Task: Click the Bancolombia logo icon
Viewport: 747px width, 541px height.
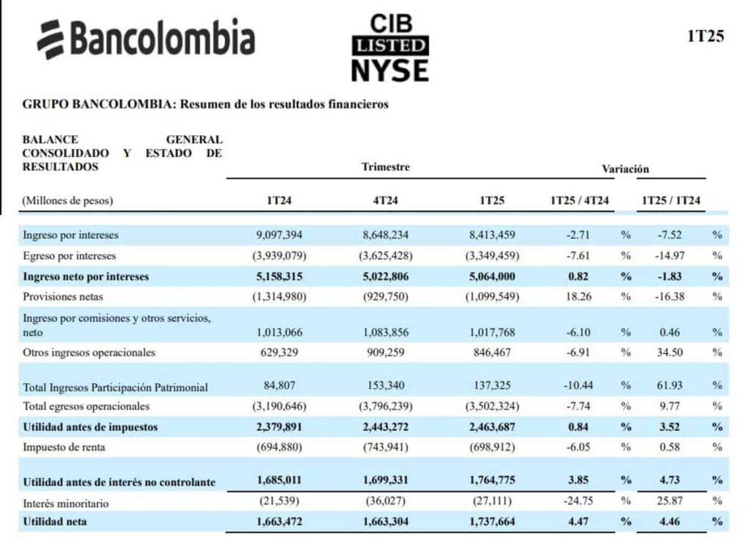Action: point(51,39)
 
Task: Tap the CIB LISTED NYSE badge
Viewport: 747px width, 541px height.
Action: point(389,47)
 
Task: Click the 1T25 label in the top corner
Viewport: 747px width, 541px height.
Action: point(705,37)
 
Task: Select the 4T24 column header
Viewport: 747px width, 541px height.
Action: point(386,199)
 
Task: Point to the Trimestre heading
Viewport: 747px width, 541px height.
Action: point(385,167)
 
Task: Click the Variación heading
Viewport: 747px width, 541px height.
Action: point(625,169)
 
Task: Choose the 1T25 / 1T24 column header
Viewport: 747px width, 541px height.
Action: point(670,199)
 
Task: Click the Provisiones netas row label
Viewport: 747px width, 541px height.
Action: point(62,296)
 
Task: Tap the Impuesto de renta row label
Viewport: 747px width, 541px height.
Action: point(63,447)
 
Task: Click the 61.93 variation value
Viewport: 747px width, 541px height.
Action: point(670,386)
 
